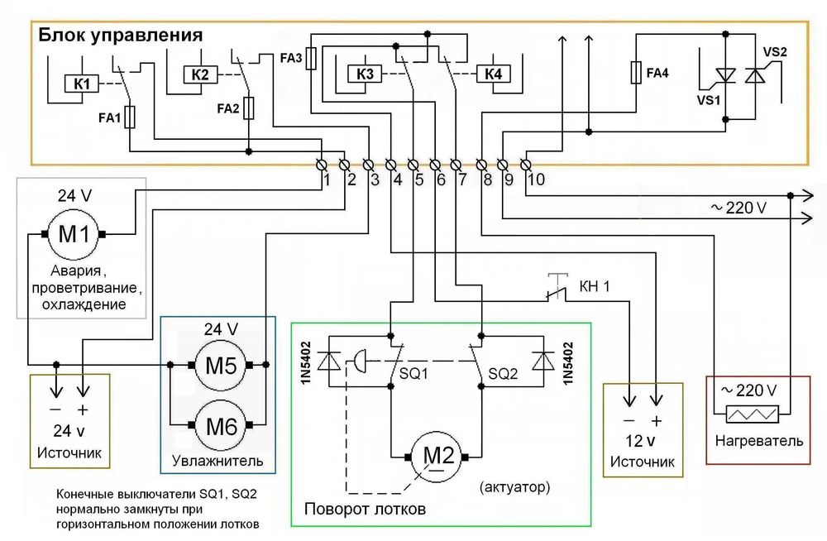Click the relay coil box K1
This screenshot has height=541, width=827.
pyautogui.click(x=82, y=84)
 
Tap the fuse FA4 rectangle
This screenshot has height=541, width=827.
pyautogui.click(x=636, y=73)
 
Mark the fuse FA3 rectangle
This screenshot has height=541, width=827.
pyautogui.click(x=311, y=60)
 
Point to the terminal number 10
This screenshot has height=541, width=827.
pyautogui.click(x=536, y=179)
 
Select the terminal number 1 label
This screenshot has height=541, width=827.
pyautogui.click(x=327, y=179)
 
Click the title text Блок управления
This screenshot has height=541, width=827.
pyautogui.click(x=120, y=36)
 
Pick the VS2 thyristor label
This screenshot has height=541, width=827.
pyautogui.click(x=774, y=52)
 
